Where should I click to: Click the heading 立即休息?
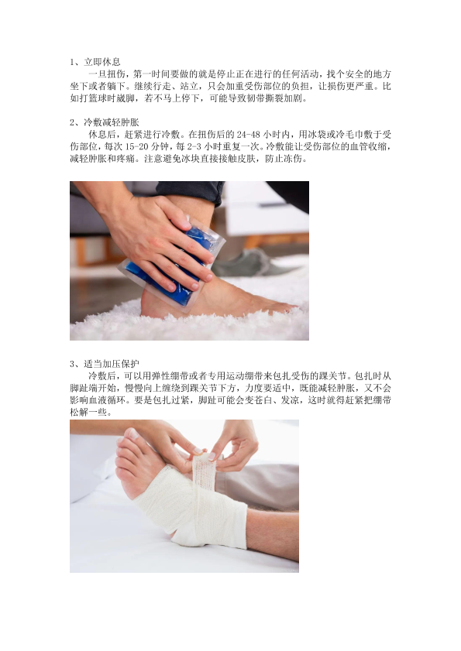point(102,62)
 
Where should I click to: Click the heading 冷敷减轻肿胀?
point(112,122)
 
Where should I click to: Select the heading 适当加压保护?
point(112,364)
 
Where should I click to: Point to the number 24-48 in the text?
point(249,135)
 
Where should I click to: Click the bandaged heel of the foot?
point(187,536)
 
